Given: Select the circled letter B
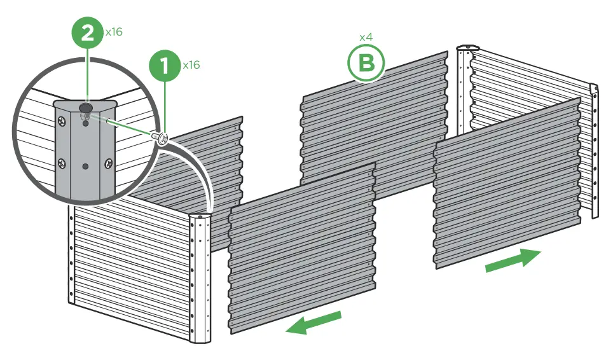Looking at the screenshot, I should coord(366,64).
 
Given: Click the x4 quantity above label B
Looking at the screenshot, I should coord(366,37).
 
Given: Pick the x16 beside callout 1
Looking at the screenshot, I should coord(191,65).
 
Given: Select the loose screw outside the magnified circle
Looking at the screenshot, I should coord(162,137).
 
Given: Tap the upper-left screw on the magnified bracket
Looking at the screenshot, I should coord(61,121).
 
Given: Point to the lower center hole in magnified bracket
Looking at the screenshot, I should coord(86,166).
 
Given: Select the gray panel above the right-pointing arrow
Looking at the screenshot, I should coord(507,184).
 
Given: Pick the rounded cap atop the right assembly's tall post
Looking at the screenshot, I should coord(469,48).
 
